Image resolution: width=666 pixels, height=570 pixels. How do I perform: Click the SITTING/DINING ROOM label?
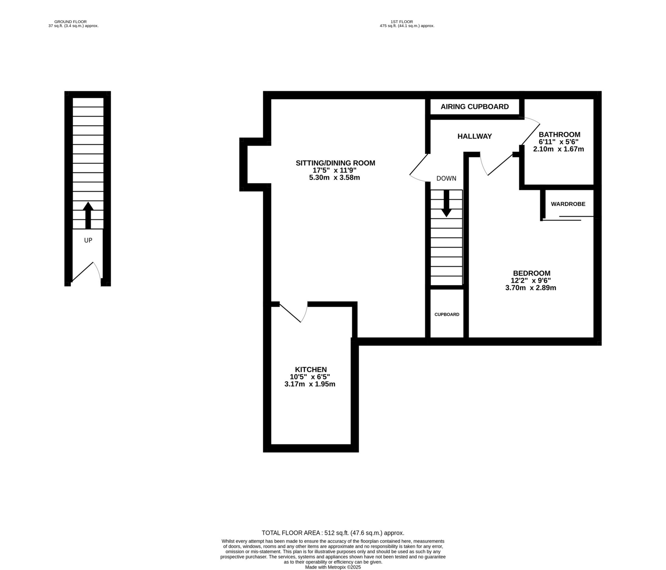335,163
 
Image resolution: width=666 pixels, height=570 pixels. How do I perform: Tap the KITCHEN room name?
310,369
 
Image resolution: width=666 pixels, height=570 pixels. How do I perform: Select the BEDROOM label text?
531,273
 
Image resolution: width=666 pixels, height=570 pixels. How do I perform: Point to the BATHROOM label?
559,135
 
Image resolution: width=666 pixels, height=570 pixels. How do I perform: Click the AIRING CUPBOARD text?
474,107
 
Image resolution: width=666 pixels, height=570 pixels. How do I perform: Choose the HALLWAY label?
474,136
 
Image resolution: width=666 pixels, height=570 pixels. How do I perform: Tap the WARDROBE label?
568,204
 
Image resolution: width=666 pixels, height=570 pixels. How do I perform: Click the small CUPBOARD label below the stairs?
447,314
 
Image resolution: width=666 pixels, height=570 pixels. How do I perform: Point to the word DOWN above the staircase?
446,178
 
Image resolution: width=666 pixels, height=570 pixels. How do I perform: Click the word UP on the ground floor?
88,240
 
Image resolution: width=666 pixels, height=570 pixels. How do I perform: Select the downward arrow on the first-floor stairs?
446,204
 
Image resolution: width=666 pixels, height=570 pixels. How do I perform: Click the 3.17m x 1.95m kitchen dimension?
309,384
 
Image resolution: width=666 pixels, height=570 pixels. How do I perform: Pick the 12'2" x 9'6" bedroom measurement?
530,281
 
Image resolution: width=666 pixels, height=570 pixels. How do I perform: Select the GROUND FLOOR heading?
70,22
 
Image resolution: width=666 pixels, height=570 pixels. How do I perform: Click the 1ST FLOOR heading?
402,22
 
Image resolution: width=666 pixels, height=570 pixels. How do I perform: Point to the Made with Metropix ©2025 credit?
333,567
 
